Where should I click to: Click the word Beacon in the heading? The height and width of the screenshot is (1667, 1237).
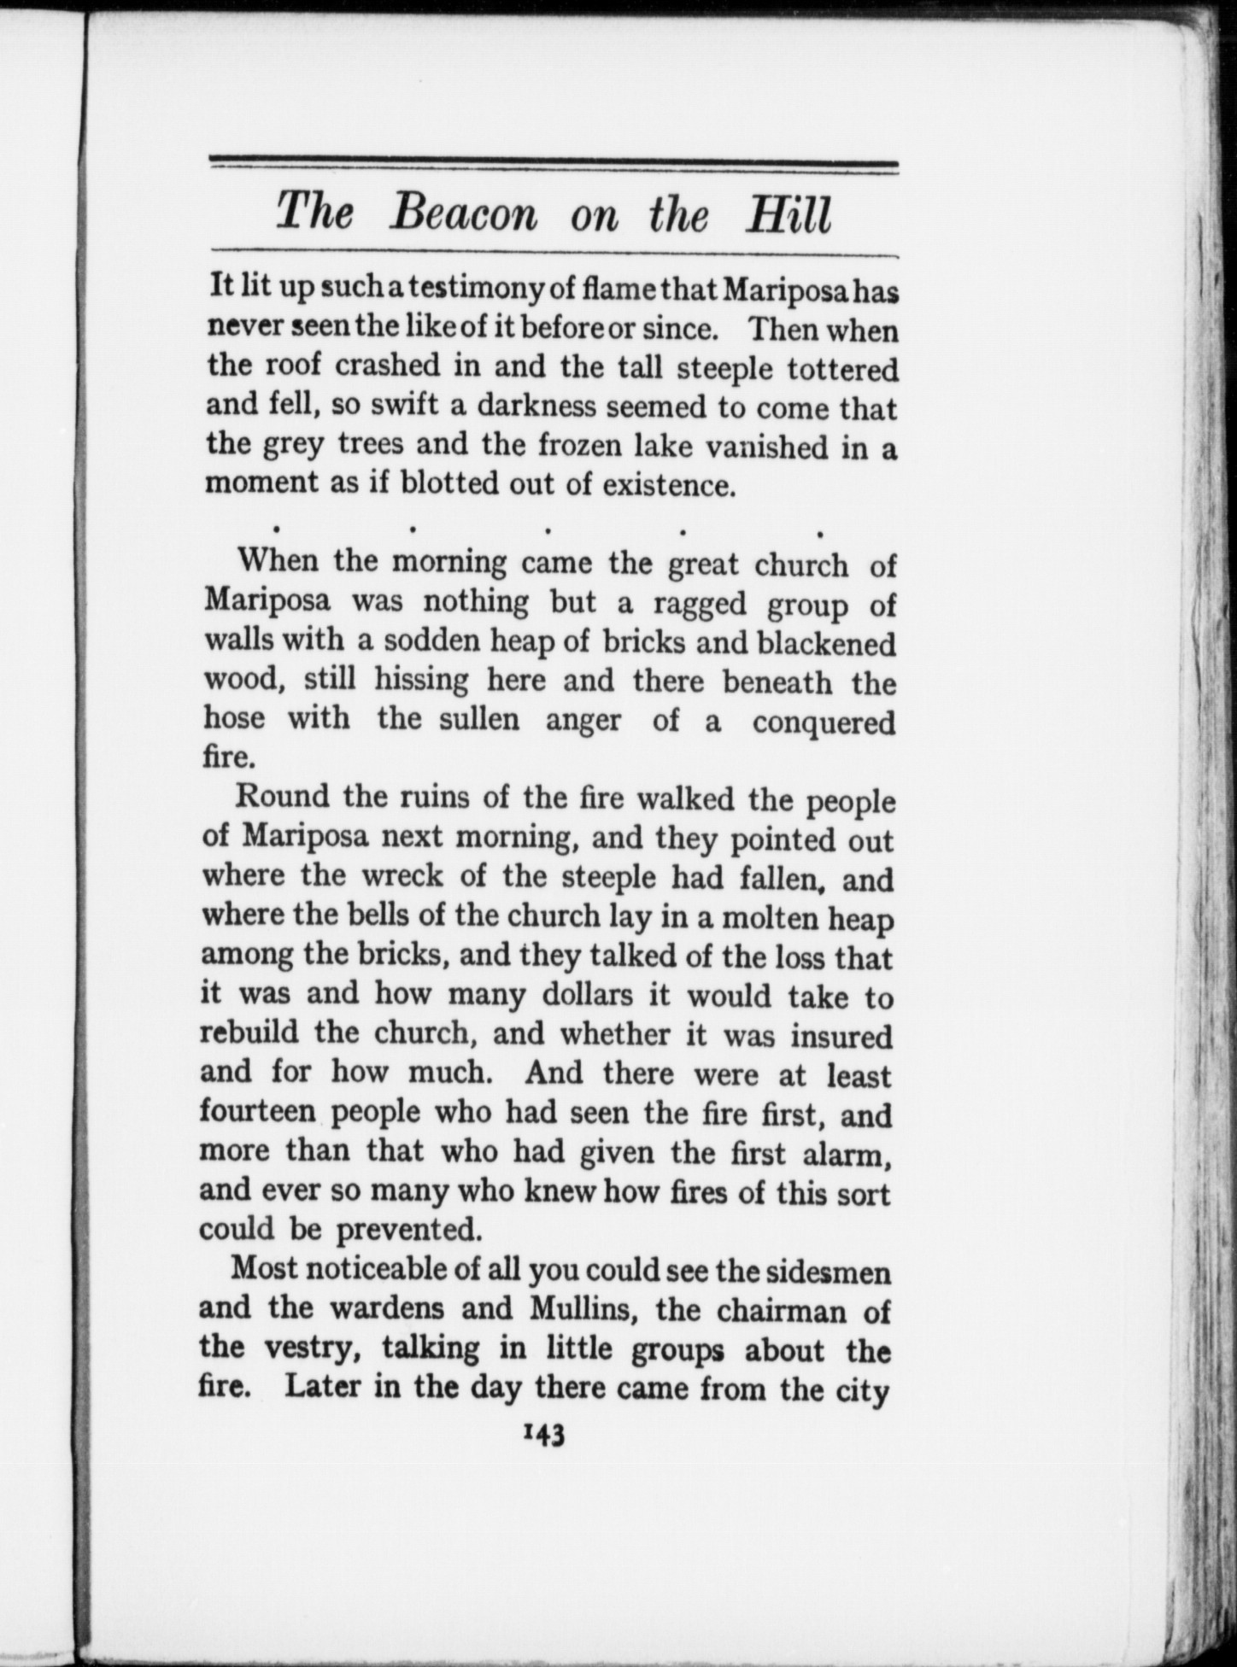(464, 213)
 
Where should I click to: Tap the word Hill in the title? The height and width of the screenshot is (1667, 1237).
(786, 213)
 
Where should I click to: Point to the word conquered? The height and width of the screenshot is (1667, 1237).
(824, 722)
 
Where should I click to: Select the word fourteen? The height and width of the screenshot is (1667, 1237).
(258, 1112)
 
